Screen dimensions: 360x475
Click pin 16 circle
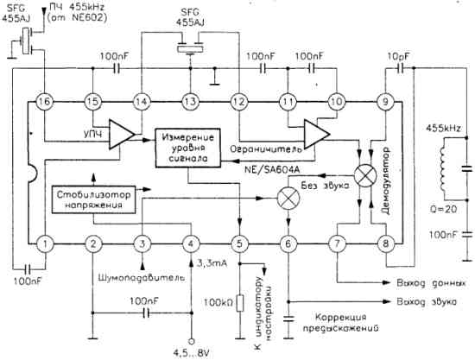44,103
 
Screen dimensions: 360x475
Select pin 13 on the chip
187,103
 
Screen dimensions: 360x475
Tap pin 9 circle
381,103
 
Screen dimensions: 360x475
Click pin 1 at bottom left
44,244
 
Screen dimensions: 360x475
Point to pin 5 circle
237,244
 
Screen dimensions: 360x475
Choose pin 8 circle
381,244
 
